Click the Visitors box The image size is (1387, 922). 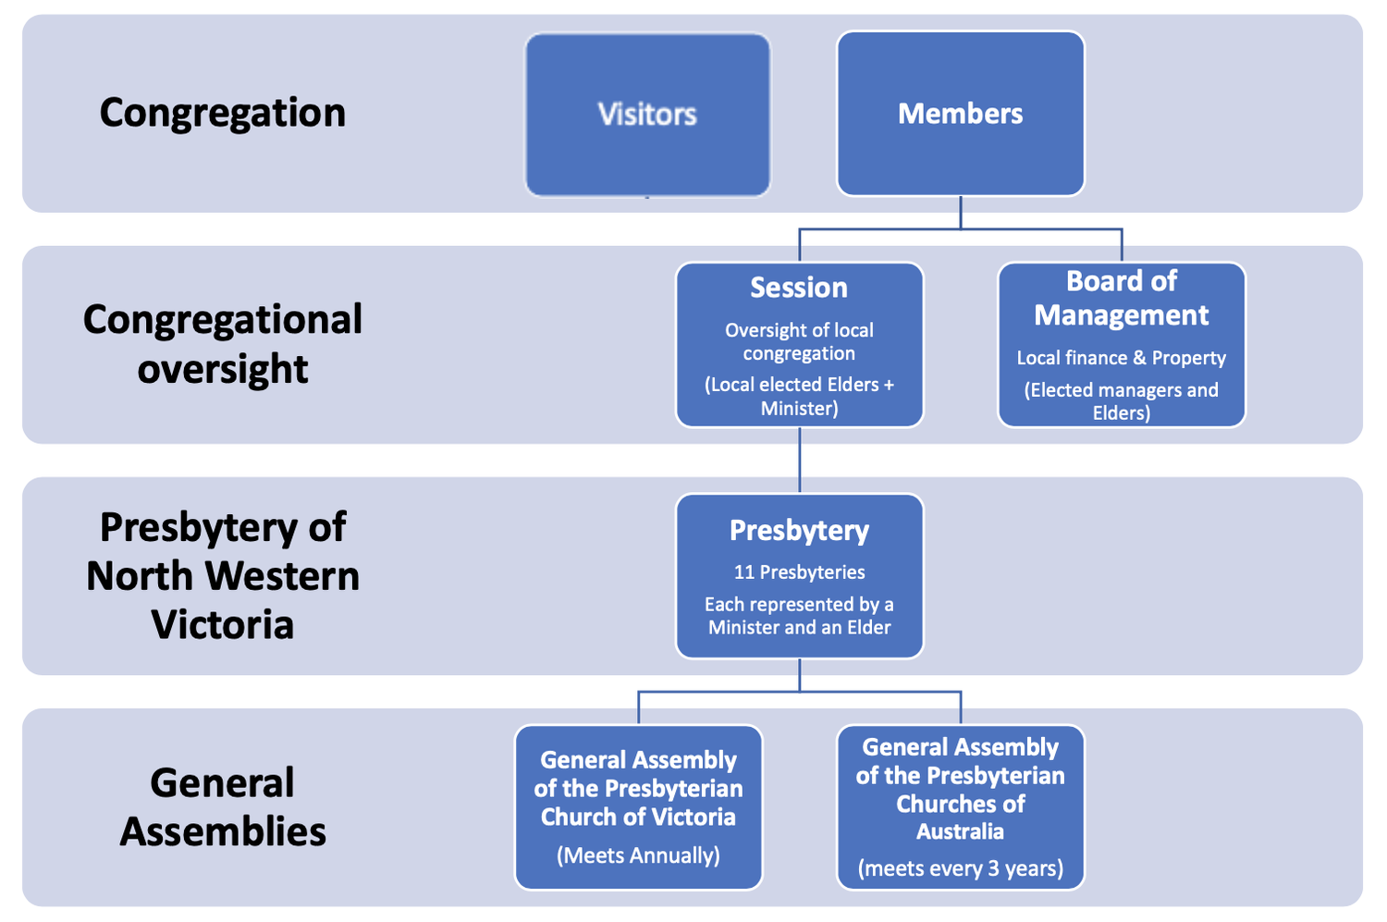(647, 115)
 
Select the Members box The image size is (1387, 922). (960, 114)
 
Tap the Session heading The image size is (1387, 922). (799, 288)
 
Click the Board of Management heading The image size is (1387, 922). (1121, 298)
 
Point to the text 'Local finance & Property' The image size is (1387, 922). (1121, 358)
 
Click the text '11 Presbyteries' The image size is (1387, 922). (799, 572)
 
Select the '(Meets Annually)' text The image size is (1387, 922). (638, 855)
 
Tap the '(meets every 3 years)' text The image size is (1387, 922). (960, 868)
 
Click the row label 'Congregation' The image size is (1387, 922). (222, 113)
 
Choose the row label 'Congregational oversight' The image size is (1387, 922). (222, 344)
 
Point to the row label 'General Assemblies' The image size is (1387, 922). (222, 806)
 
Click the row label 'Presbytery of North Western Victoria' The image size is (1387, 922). (222, 575)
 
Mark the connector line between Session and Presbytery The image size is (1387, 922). (800, 461)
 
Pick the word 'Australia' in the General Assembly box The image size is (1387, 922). (960, 831)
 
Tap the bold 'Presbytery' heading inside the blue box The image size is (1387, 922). (799, 531)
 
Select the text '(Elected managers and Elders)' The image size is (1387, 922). (1121, 401)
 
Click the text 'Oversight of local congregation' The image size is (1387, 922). (799, 341)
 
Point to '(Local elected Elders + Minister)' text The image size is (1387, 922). (799, 396)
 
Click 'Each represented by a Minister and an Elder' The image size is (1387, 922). (799, 616)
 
